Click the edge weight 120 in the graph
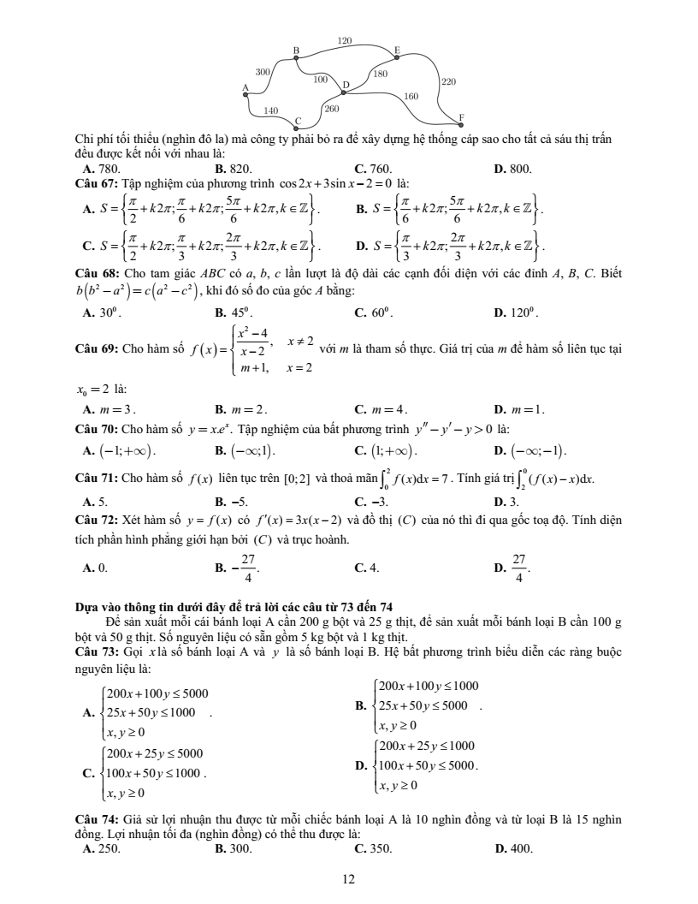[x=345, y=40]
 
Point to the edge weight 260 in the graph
[x=332, y=109]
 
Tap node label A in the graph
[x=245, y=87]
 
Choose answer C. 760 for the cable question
[x=370, y=169]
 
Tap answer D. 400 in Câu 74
[x=513, y=849]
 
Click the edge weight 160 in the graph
[x=411, y=97]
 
